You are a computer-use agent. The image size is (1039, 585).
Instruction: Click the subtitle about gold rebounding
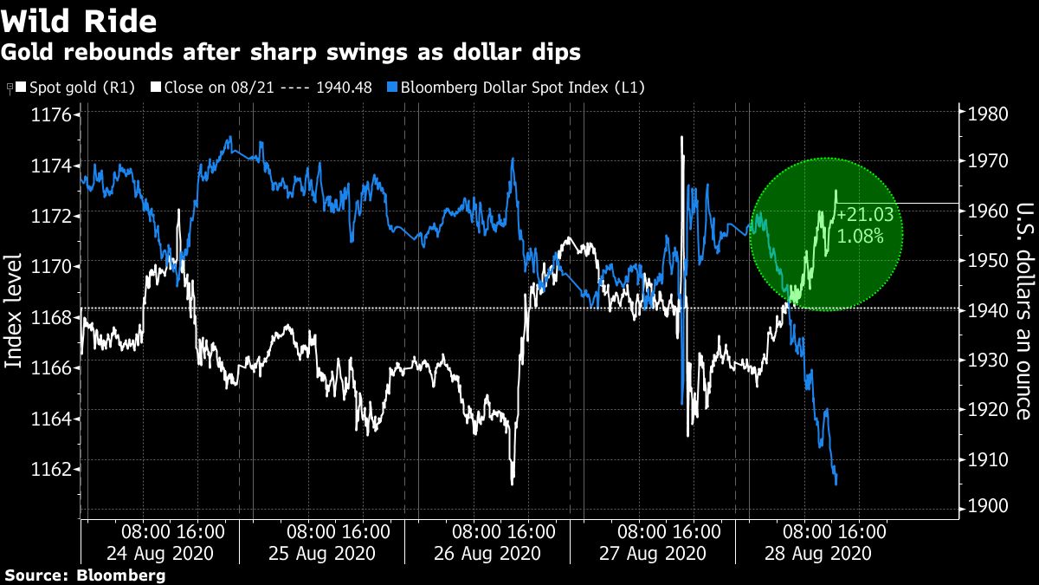pos(290,52)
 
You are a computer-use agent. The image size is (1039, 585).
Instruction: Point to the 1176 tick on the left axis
pos(54,115)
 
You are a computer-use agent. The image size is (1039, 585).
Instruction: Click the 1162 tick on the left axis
pos(54,470)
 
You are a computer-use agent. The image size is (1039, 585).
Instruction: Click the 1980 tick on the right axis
pos(984,114)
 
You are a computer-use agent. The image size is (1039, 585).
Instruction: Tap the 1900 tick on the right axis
pos(984,506)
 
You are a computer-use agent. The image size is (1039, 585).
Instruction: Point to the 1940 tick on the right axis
pos(984,310)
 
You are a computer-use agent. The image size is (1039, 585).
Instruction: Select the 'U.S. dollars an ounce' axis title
pos(1023,311)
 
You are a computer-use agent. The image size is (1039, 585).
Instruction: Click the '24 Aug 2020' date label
pos(160,553)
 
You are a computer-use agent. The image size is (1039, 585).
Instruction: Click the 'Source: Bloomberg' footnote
pos(84,575)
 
